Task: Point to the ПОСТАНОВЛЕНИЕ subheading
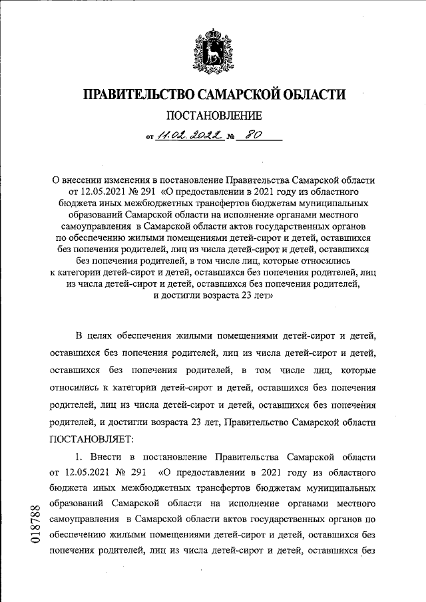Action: coord(214,116)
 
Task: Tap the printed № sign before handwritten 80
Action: coord(232,139)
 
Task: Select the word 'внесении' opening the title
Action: coord(85,180)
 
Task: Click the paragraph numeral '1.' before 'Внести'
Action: coord(80,458)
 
